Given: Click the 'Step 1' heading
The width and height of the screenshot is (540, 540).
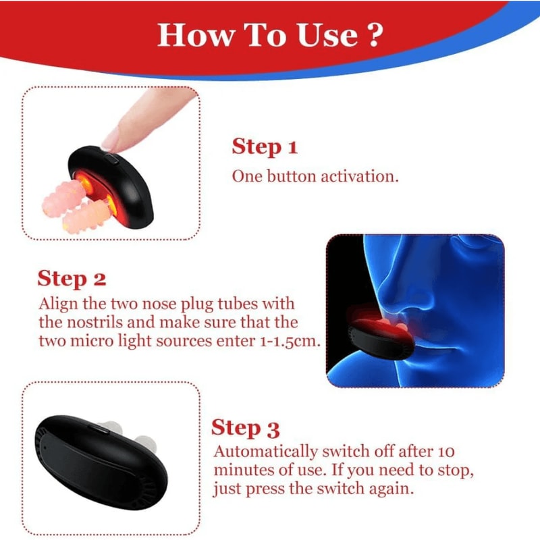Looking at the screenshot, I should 265,146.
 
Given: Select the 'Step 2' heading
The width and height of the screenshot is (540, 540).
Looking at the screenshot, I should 72,278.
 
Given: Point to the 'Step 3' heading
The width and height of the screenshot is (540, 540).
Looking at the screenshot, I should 246,428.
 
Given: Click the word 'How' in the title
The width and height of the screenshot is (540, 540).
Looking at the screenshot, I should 190,35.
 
